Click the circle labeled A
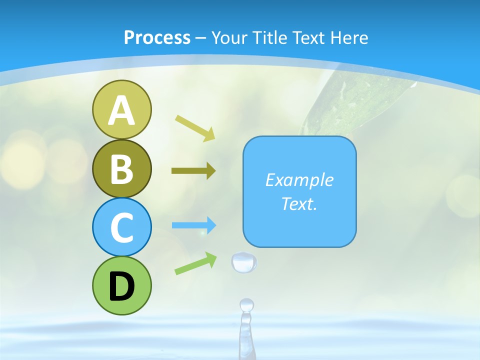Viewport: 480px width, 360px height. [x=121, y=109]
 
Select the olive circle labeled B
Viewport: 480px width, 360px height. [x=121, y=168]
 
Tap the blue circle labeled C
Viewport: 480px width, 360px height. [x=121, y=227]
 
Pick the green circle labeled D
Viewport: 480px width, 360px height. [x=121, y=285]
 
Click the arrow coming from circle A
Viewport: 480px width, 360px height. [x=195, y=127]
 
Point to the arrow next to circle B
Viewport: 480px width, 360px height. [x=193, y=171]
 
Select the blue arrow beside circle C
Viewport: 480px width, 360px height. [x=194, y=225]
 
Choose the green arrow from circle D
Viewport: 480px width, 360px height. [x=195, y=263]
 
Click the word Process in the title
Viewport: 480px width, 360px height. [x=157, y=37]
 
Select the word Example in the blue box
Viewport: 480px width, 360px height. [x=299, y=180]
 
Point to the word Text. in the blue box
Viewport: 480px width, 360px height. [x=299, y=203]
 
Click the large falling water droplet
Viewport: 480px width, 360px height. [x=244, y=262]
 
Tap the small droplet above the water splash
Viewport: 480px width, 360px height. [x=246, y=304]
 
